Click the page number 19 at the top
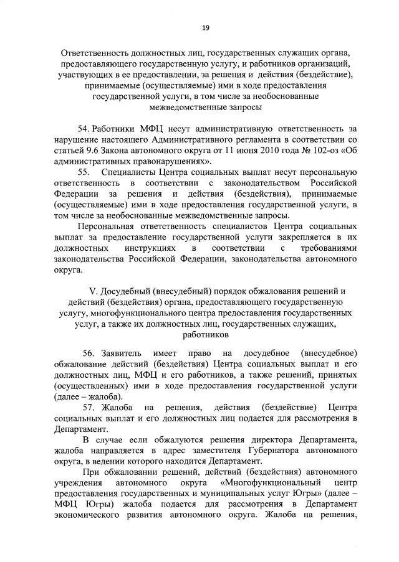coord(205,27)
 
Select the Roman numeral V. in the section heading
coord(95,291)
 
